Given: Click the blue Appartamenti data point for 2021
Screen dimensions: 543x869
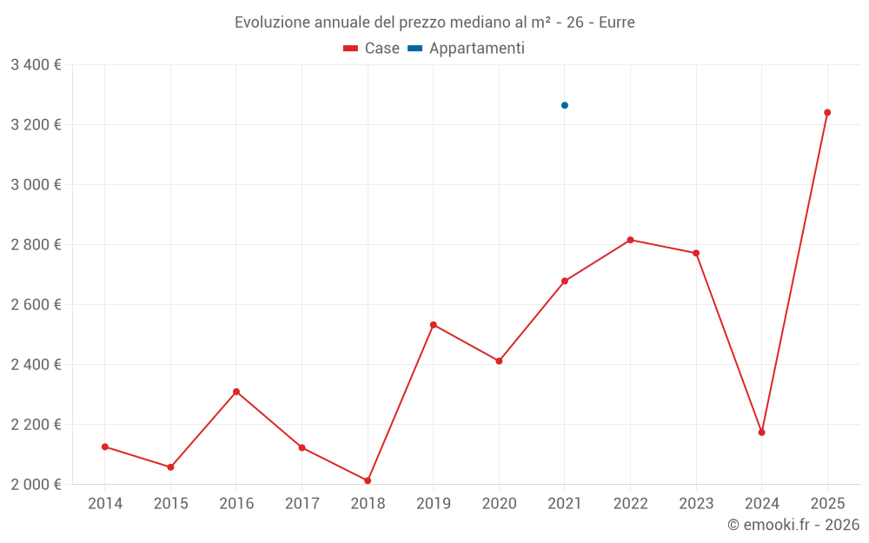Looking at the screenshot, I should tap(565, 105).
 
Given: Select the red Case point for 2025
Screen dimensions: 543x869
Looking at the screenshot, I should tap(827, 112).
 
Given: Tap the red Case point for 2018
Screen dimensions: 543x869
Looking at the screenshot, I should tap(368, 480).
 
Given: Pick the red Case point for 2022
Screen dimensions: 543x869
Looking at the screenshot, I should tap(630, 240).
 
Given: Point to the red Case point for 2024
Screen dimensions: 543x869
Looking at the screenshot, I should tap(762, 432).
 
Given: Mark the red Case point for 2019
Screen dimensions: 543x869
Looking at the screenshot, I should tap(434, 325).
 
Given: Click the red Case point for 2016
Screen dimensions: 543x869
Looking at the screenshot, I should tap(236, 392).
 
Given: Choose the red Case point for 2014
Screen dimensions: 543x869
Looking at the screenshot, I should tap(105, 447).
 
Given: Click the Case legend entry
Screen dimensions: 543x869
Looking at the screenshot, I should tap(372, 49).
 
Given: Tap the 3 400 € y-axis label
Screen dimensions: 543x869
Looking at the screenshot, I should tap(36, 65).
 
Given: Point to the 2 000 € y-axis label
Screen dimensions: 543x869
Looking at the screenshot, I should tap(36, 485).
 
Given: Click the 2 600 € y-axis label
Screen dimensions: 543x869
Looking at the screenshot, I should tap(36, 305).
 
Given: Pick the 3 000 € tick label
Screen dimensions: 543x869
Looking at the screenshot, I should tap(36, 185).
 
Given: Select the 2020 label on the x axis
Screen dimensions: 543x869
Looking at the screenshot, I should tap(499, 504).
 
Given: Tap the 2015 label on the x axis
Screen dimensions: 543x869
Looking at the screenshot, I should tap(170, 504).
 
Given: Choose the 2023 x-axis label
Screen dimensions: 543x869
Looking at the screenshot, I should tap(696, 504).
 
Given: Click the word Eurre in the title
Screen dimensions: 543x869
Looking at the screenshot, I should tap(617, 22).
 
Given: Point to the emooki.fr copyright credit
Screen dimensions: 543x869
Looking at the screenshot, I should tap(793, 525).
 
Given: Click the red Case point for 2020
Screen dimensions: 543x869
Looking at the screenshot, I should tap(499, 361).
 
